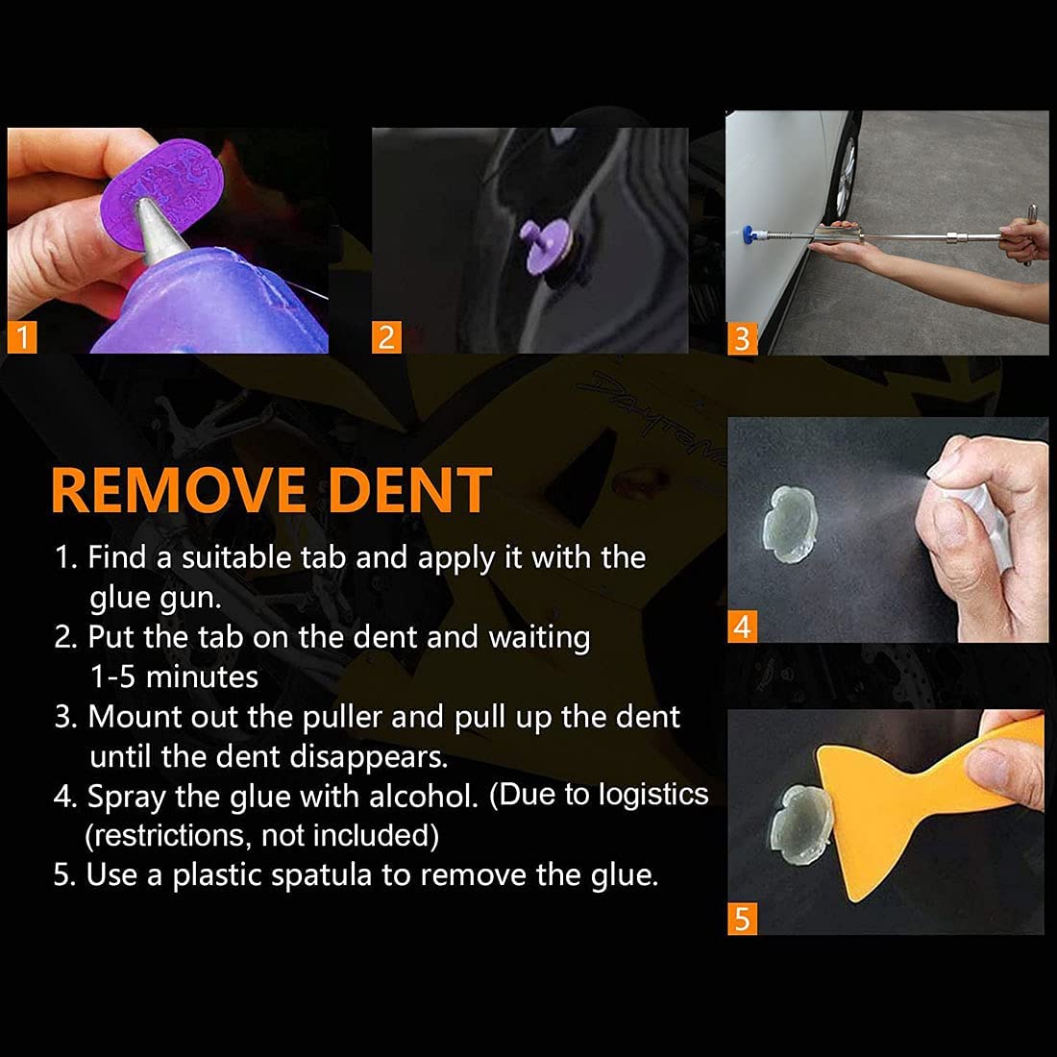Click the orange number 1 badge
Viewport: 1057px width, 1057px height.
click(x=22, y=338)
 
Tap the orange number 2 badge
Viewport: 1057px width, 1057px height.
click(x=385, y=337)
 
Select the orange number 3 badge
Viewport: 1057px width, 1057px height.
click(x=741, y=338)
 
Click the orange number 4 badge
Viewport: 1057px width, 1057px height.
click(x=742, y=627)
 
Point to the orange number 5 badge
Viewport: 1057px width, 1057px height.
click(x=742, y=919)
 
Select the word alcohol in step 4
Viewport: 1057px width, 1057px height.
click(x=426, y=796)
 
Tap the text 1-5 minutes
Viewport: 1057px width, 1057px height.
click(x=174, y=676)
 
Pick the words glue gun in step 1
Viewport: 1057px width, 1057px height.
click(x=155, y=598)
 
